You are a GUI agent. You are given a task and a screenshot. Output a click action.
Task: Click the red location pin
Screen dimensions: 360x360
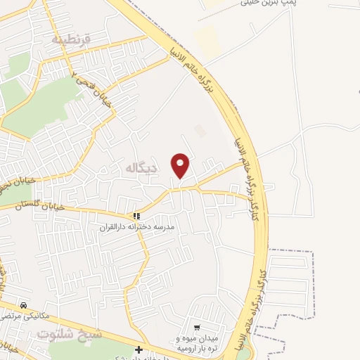[181, 165]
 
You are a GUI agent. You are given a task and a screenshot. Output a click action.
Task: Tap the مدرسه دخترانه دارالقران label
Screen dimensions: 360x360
[139, 228]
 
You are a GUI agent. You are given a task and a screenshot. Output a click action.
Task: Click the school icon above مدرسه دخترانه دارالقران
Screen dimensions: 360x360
[138, 216]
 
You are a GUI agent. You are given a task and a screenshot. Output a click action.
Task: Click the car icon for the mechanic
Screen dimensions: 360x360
[25, 306]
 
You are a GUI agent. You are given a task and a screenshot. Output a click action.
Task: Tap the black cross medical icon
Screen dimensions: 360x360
[139, 349]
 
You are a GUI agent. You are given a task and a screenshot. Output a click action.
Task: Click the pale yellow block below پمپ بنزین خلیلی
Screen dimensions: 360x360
[207, 42]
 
